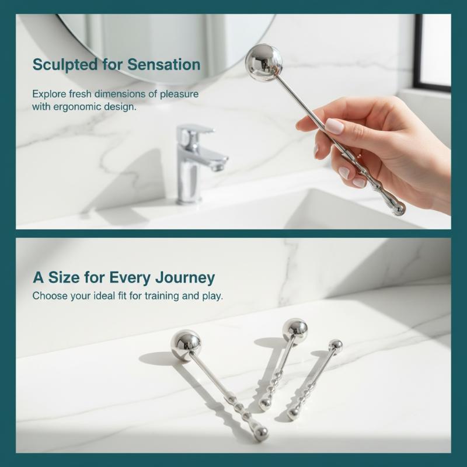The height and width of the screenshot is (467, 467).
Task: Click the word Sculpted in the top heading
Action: click(65, 65)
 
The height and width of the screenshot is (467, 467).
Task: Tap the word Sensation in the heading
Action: click(164, 64)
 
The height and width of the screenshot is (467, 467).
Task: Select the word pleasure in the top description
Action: click(179, 95)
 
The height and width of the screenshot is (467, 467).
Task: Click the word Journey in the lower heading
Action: click(185, 278)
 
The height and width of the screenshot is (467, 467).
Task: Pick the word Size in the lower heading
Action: click(64, 277)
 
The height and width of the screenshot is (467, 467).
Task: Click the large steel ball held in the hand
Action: click(264, 62)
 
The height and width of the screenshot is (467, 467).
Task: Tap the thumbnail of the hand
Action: click(334, 126)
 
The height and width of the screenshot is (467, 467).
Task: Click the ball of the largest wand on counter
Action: click(186, 346)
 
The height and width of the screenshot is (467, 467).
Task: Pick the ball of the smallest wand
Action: click(336, 346)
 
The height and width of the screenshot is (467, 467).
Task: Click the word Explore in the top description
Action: click(49, 94)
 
